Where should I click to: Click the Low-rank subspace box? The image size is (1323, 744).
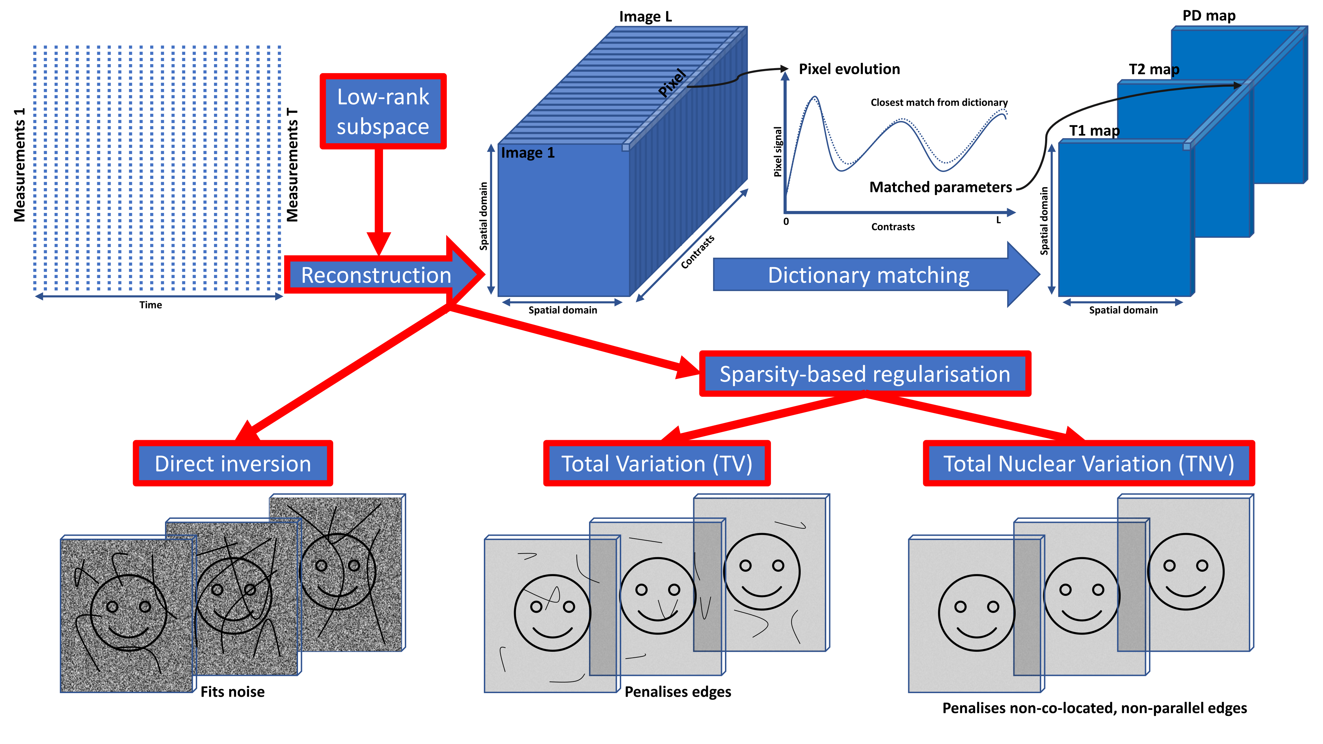click(x=383, y=111)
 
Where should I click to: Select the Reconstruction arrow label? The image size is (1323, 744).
click(x=376, y=275)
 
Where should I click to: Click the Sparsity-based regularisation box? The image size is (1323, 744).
click(x=865, y=374)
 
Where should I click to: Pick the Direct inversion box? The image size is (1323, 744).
click(x=233, y=464)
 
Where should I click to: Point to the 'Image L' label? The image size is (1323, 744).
click(x=645, y=17)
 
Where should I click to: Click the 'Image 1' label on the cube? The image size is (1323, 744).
click(x=528, y=153)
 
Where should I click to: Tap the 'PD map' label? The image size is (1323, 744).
click(x=1209, y=16)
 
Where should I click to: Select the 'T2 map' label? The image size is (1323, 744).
click(x=1154, y=69)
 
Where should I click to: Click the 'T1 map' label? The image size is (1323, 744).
click(x=1094, y=131)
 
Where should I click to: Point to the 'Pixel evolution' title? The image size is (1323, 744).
click(x=849, y=69)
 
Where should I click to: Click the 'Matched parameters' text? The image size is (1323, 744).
click(x=940, y=187)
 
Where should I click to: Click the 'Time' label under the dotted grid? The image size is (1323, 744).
click(x=150, y=305)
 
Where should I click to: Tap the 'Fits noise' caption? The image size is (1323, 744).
click(x=232, y=692)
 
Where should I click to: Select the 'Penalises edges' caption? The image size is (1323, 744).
click(x=677, y=692)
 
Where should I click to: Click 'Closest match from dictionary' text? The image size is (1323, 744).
click(x=939, y=103)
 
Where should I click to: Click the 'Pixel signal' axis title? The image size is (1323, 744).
click(x=778, y=152)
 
